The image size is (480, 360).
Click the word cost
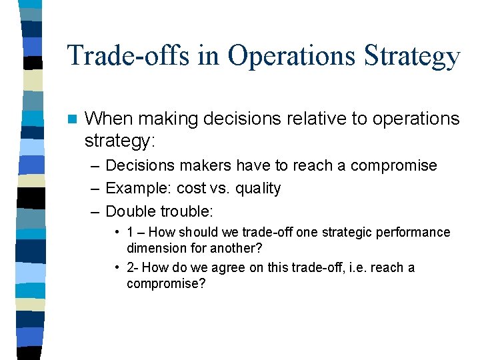point(191,189)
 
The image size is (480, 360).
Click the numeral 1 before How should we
point(131,233)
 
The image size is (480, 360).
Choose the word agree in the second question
point(217,268)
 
